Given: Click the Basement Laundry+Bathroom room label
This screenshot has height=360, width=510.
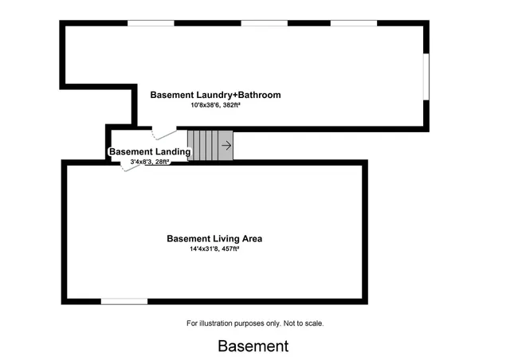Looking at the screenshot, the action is coord(215,95).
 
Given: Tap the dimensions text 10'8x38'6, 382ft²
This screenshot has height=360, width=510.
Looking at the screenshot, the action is coord(215,105).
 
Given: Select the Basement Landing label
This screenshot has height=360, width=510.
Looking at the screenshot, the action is coord(150,151).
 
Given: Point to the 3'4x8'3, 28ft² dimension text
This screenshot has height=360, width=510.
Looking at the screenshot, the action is coord(150,162).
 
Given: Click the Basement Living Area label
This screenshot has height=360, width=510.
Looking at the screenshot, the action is coord(214,239).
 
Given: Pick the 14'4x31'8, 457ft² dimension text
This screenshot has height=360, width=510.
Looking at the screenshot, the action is coord(214,249).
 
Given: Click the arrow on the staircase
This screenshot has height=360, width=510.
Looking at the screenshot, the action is coord(226,146).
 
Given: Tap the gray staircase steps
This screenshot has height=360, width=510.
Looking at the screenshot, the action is coord(210,146).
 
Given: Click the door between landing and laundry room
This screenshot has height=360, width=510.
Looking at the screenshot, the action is coord(164,133).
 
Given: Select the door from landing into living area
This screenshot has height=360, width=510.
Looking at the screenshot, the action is coord(131,166).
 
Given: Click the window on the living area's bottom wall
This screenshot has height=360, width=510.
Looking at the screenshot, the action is coord(124,302).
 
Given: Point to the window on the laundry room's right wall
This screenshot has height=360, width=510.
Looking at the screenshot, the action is coord(426,76).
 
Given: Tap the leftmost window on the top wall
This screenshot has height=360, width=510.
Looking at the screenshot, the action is coord(151,23).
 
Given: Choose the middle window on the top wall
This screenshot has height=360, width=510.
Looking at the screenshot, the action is coord(264,23).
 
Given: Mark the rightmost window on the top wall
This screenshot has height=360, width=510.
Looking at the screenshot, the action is coord(354,23).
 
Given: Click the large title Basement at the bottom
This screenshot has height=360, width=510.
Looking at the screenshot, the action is coord(253,346).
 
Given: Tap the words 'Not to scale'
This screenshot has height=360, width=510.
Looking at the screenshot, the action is coord(304,323).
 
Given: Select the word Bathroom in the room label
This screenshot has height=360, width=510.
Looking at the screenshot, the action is coord(259,95).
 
